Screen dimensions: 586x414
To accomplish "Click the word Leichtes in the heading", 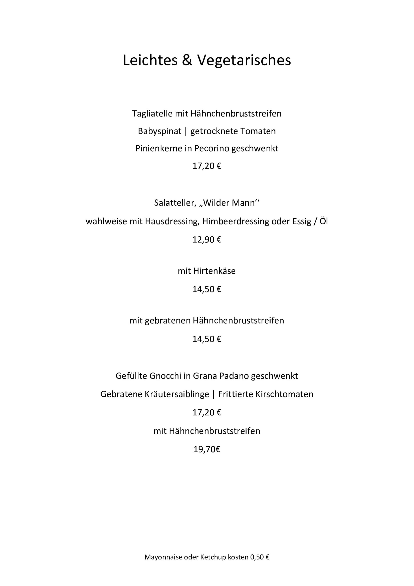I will pyautogui.click(x=150, y=60).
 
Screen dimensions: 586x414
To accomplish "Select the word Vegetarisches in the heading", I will pyautogui.click(x=244, y=60).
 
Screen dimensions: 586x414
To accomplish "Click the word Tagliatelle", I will pyautogui.click(x=152, y=114).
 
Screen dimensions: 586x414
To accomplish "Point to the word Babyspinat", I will pyautogui.click(x=160, y=131).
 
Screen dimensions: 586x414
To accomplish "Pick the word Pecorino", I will pyautogui.click(x=212, y=149).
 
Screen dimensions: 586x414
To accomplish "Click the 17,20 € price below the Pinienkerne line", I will pyautogui.click(x=207, y=166).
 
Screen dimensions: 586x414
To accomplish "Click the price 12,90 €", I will pyautogui.click(x=207, y=240).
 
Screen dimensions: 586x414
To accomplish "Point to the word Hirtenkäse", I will pyautogui.click(x=214, y=271).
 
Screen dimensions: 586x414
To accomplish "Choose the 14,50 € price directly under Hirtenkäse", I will pyautogui.click(x=207, y=289).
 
